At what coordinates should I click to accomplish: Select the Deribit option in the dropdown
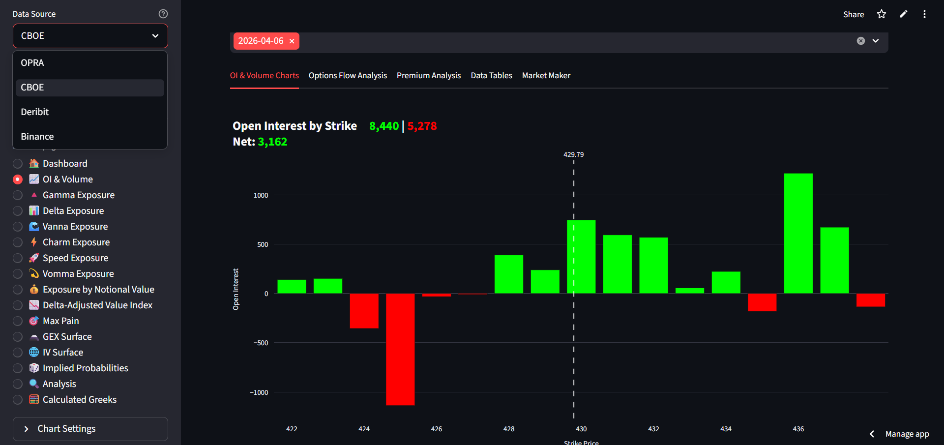[x=35, y=112]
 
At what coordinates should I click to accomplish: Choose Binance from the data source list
[x=37, y=137]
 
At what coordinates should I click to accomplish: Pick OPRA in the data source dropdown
[x=32, y=63]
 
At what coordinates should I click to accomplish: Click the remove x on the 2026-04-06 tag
[x=292, y=41]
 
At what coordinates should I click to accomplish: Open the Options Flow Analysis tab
[x=348, y=76]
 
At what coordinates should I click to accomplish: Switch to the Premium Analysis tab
[x=429, y=76]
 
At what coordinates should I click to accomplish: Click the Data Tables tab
[x=491, y=76]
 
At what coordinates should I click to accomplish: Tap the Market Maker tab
[x=546, y=76]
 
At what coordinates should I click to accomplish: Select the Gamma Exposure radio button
[x=18, y=195]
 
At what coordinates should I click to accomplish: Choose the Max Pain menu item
[x=60, y=321]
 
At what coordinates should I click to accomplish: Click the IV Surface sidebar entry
[x=63, y=353]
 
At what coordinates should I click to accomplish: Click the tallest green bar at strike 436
[x=798, y=234]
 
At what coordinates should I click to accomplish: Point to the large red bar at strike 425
[x=400, y=349]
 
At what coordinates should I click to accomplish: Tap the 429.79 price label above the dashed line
[x=573, y=154]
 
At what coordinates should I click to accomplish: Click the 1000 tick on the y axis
[x=261, y=195]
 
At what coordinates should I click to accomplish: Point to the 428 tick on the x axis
[x=509, y=429]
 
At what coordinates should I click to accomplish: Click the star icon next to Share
[x=882, y=14]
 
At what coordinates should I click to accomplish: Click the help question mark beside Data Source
[x=163, y=14]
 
